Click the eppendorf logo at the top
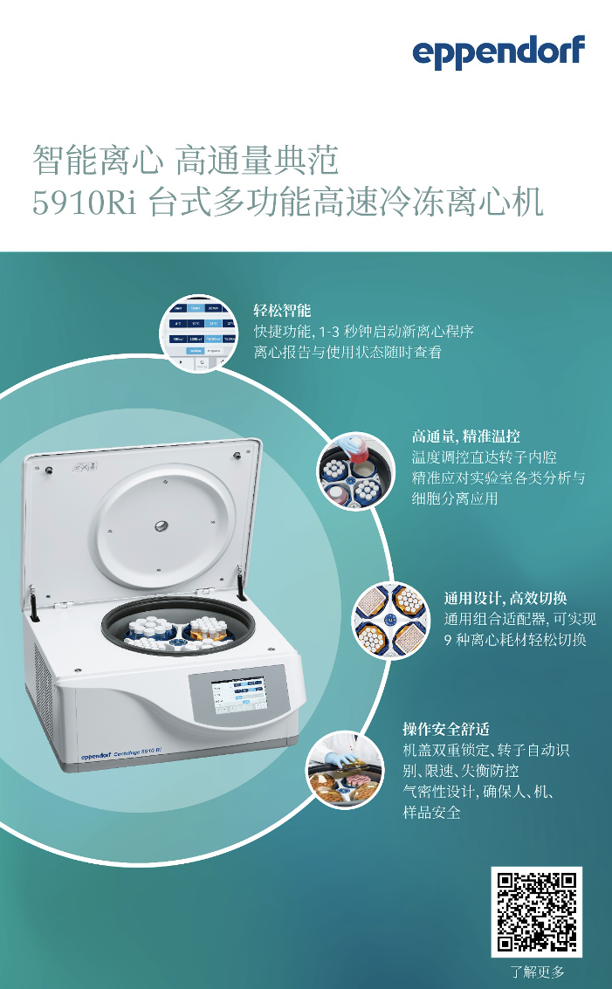499,53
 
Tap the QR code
536,911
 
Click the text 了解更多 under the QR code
537,972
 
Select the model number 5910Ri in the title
87,203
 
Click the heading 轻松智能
282,311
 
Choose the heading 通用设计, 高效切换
505,598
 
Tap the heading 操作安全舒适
445,729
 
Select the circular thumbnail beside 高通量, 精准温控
354,472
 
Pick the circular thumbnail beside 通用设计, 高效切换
390,621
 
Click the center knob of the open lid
162,525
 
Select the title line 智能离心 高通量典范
185,161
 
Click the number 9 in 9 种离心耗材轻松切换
449,640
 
